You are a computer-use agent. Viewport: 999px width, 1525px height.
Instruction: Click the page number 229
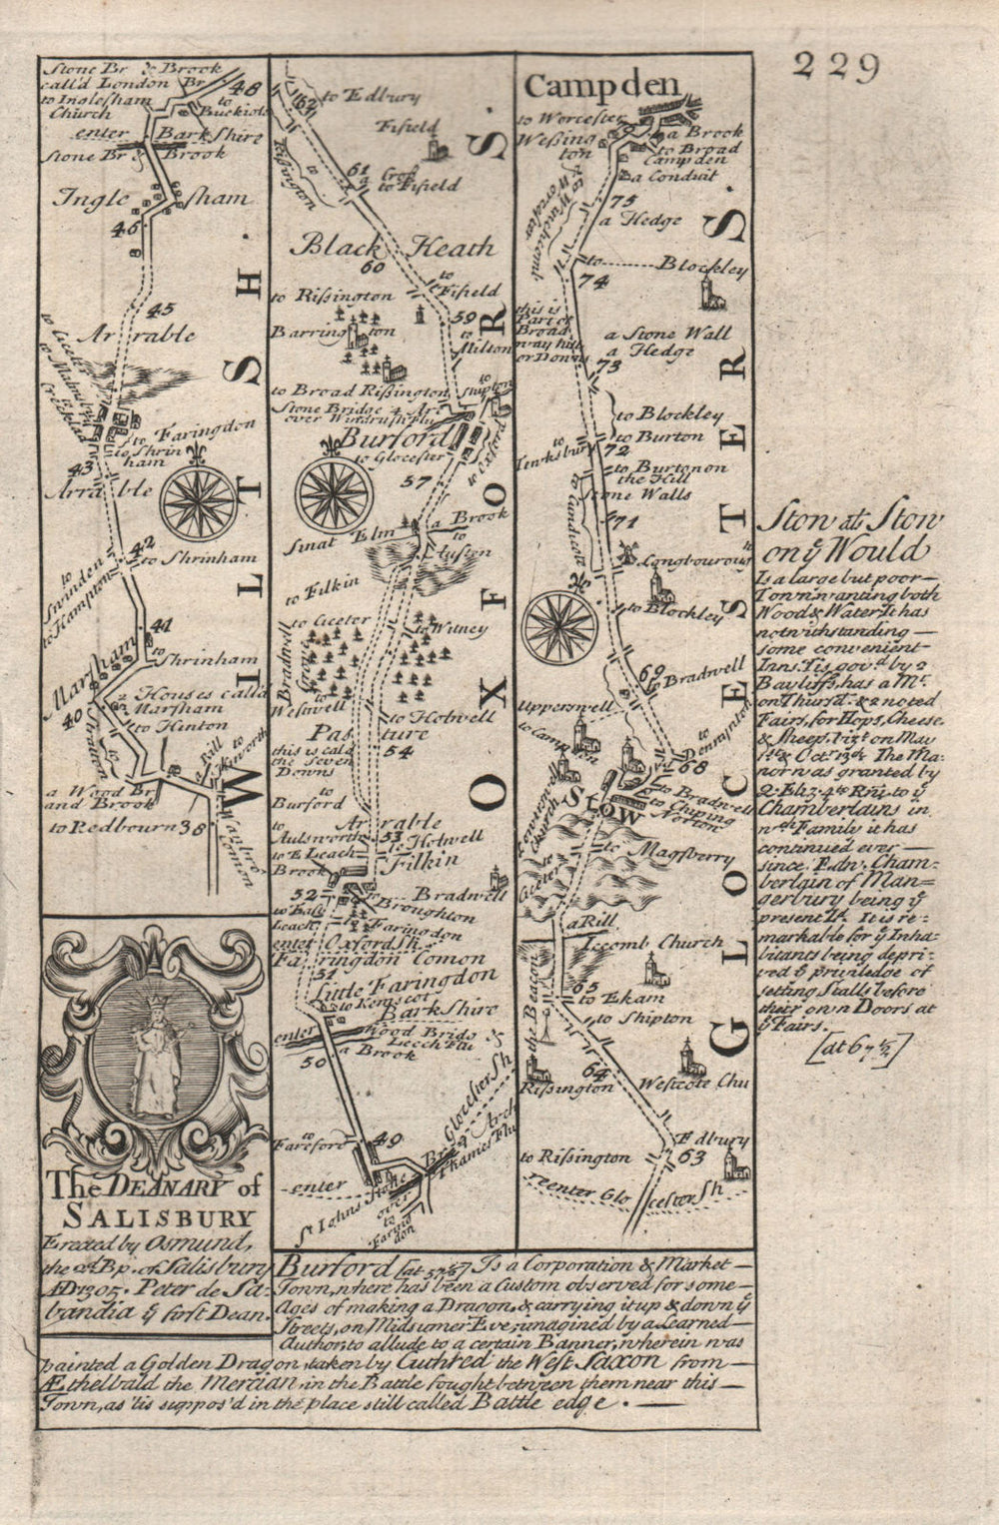tap(836, 67)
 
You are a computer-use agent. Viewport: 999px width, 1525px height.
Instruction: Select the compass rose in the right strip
tap(560, 626)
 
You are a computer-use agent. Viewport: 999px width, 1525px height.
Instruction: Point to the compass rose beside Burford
tap(335, 495)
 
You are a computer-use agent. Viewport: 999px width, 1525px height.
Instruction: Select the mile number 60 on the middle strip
tap(375, 268)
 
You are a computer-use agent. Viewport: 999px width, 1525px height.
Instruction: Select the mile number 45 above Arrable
tap(165, 309)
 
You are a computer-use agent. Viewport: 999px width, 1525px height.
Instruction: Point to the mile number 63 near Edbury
tap(690, 1157)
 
